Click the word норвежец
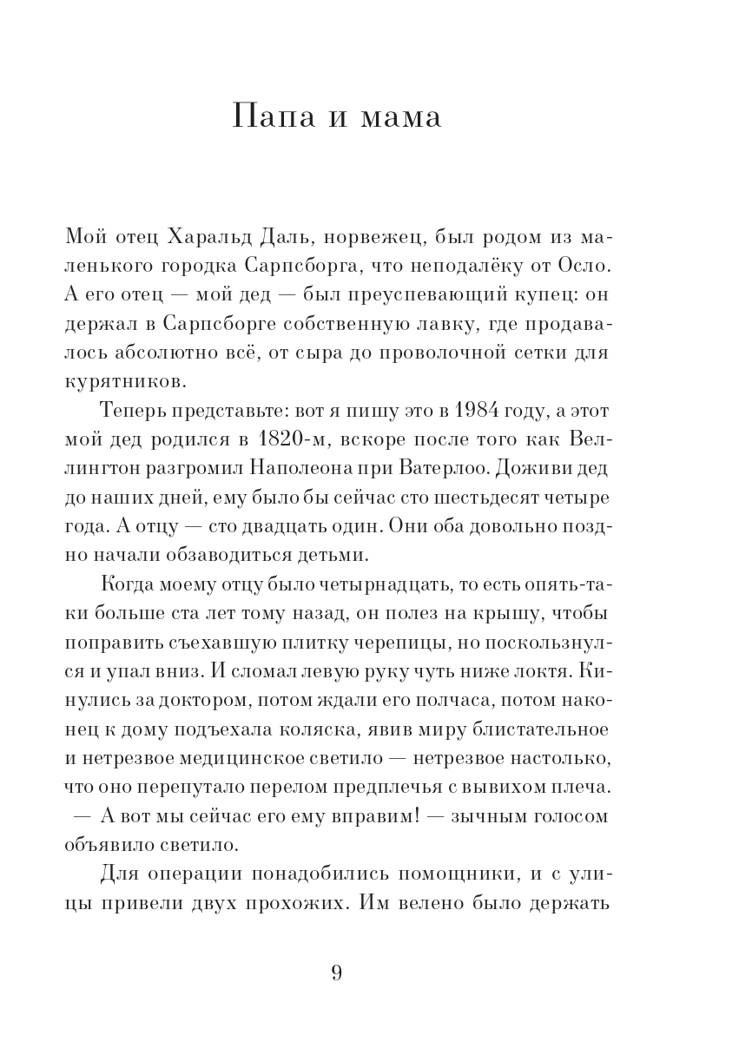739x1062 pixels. tap(379, 237)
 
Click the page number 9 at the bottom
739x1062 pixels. tap(337, 973)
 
